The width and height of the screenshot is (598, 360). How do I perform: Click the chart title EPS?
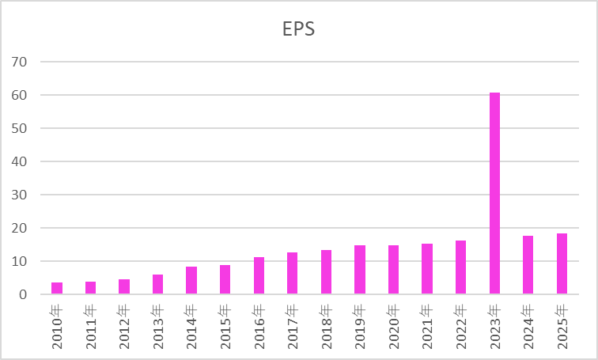point(299,29)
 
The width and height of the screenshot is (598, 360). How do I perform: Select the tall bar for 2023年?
point(494,194)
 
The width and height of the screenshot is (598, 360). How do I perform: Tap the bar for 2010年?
point(57,288)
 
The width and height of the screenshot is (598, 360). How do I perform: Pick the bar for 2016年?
point(259,275)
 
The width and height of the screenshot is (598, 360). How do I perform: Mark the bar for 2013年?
point(158,284)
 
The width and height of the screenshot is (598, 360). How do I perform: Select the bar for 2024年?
point(528,265)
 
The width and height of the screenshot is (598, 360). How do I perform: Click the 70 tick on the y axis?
point(20,62)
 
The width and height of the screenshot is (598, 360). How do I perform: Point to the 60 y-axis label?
point(20,95)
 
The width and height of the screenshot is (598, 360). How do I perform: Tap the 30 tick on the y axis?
point(20,195)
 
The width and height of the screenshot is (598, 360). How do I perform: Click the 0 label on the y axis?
point(24,294)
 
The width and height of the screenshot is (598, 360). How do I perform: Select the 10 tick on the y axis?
point(20,261)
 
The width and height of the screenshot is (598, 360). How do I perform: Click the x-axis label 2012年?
point(124,324)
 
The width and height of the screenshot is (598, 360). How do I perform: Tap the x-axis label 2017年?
point(293,324)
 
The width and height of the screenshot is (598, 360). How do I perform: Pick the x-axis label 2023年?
point(494,324)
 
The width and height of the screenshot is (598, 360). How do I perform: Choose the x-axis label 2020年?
point(393,324)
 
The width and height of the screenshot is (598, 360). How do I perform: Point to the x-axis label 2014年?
point(191,324)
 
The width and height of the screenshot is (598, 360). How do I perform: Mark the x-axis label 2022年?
point(460,324)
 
